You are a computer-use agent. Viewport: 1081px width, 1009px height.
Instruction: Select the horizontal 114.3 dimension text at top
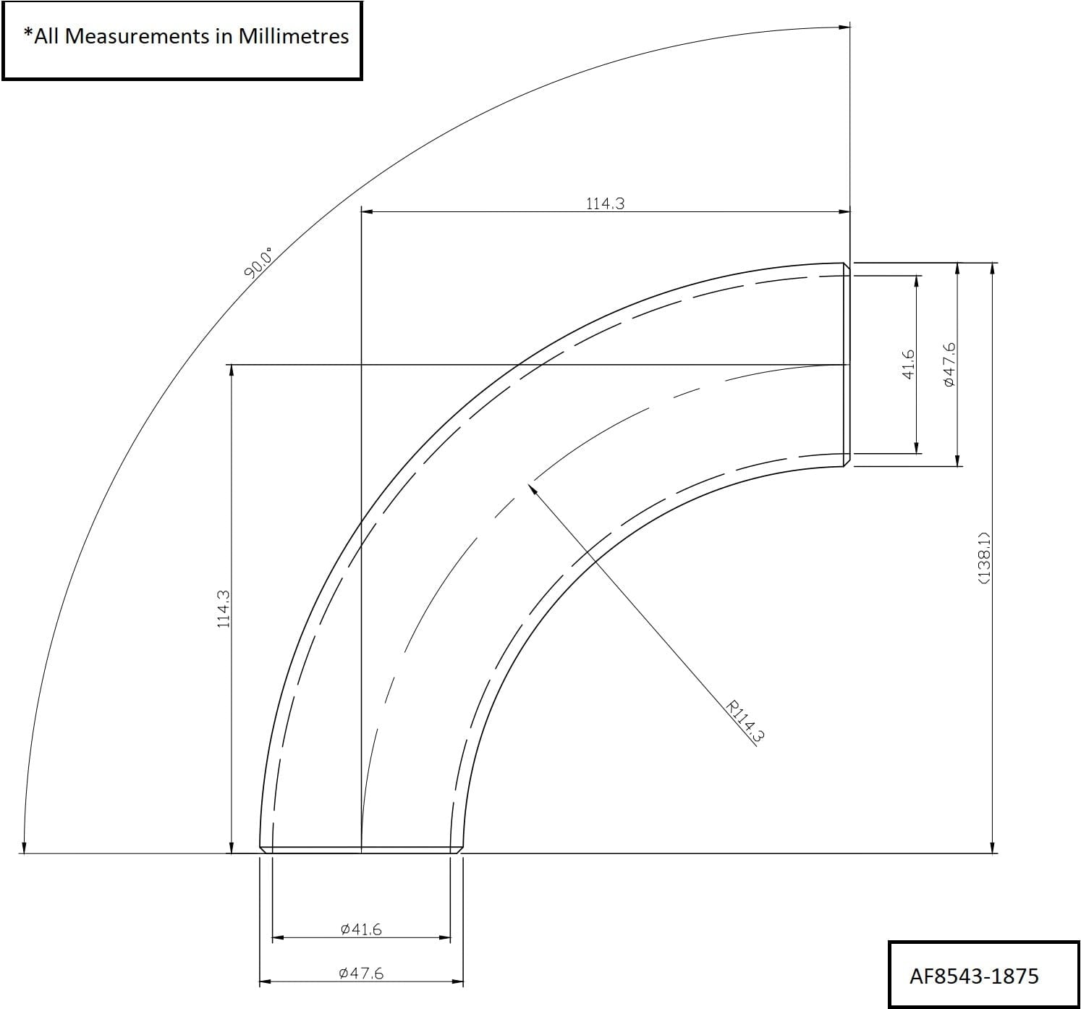[605, 203]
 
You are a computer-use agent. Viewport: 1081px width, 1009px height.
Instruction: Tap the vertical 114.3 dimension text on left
[224, 609]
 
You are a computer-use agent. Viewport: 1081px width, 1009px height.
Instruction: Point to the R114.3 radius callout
[745, 721]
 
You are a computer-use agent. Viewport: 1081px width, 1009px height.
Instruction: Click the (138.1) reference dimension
[983, 557]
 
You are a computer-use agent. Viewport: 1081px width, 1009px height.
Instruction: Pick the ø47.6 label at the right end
[950, 364]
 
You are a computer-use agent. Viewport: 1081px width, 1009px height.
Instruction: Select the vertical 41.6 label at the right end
[910, 364]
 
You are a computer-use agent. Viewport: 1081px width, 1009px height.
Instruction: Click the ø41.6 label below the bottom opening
[360, 929]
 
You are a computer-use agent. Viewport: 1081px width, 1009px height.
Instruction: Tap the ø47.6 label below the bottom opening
[360, 974]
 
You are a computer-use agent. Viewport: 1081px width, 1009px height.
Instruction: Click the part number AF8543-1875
[974, 976]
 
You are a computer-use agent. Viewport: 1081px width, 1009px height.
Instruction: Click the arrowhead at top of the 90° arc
[844, 28]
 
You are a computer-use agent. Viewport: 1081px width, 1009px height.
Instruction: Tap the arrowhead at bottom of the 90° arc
[24, 848]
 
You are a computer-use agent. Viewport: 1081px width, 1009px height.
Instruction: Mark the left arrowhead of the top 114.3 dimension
[366, 211]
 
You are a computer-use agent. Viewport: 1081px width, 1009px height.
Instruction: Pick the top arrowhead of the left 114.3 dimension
[231, 370]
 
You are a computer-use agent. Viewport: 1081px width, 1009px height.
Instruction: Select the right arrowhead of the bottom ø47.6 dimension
[457, 982]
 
